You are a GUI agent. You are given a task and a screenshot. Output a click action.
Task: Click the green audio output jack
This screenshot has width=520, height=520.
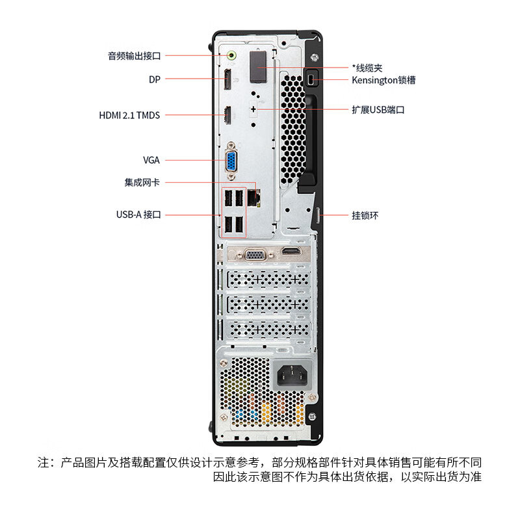(231, 55)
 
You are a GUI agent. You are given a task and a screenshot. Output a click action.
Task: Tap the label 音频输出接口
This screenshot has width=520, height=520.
(135, 56)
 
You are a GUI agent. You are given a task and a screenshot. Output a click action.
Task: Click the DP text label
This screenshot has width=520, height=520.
(155, 79)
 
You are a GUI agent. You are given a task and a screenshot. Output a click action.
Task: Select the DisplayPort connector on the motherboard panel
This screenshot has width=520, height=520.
(227, 79)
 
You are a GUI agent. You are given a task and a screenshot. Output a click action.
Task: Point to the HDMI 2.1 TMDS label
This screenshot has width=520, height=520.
(129, 116)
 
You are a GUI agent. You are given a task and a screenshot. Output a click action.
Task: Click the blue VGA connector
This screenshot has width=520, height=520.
(231, 161)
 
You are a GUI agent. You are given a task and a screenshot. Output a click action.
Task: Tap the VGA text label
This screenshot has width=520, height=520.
(151, 160)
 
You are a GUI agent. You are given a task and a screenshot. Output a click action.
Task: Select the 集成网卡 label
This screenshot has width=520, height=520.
(142, 183)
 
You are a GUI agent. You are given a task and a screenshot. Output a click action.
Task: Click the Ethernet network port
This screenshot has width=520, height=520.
(253, 198)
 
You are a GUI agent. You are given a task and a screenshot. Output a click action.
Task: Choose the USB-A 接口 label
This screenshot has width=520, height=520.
(138, 214)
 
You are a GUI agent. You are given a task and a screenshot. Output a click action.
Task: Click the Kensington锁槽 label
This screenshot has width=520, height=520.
(383, 80)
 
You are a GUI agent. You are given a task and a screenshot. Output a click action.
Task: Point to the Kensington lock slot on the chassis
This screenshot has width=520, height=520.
(311, 79)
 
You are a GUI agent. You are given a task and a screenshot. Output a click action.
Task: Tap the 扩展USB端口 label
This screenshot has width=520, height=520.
(378, 110)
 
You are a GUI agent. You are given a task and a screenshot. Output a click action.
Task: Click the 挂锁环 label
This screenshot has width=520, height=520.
(365, 216)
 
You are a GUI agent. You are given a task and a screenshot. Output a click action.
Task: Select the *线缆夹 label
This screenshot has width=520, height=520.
(367, 68)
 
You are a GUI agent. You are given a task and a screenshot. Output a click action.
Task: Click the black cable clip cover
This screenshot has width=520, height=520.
(258, 67)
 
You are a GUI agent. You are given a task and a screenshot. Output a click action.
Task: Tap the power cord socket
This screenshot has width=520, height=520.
(292, 376)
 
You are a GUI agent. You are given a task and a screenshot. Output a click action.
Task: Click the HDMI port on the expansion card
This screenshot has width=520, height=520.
(291, 251)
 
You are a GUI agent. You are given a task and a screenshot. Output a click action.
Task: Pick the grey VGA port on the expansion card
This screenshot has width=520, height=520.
(255, 255)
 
